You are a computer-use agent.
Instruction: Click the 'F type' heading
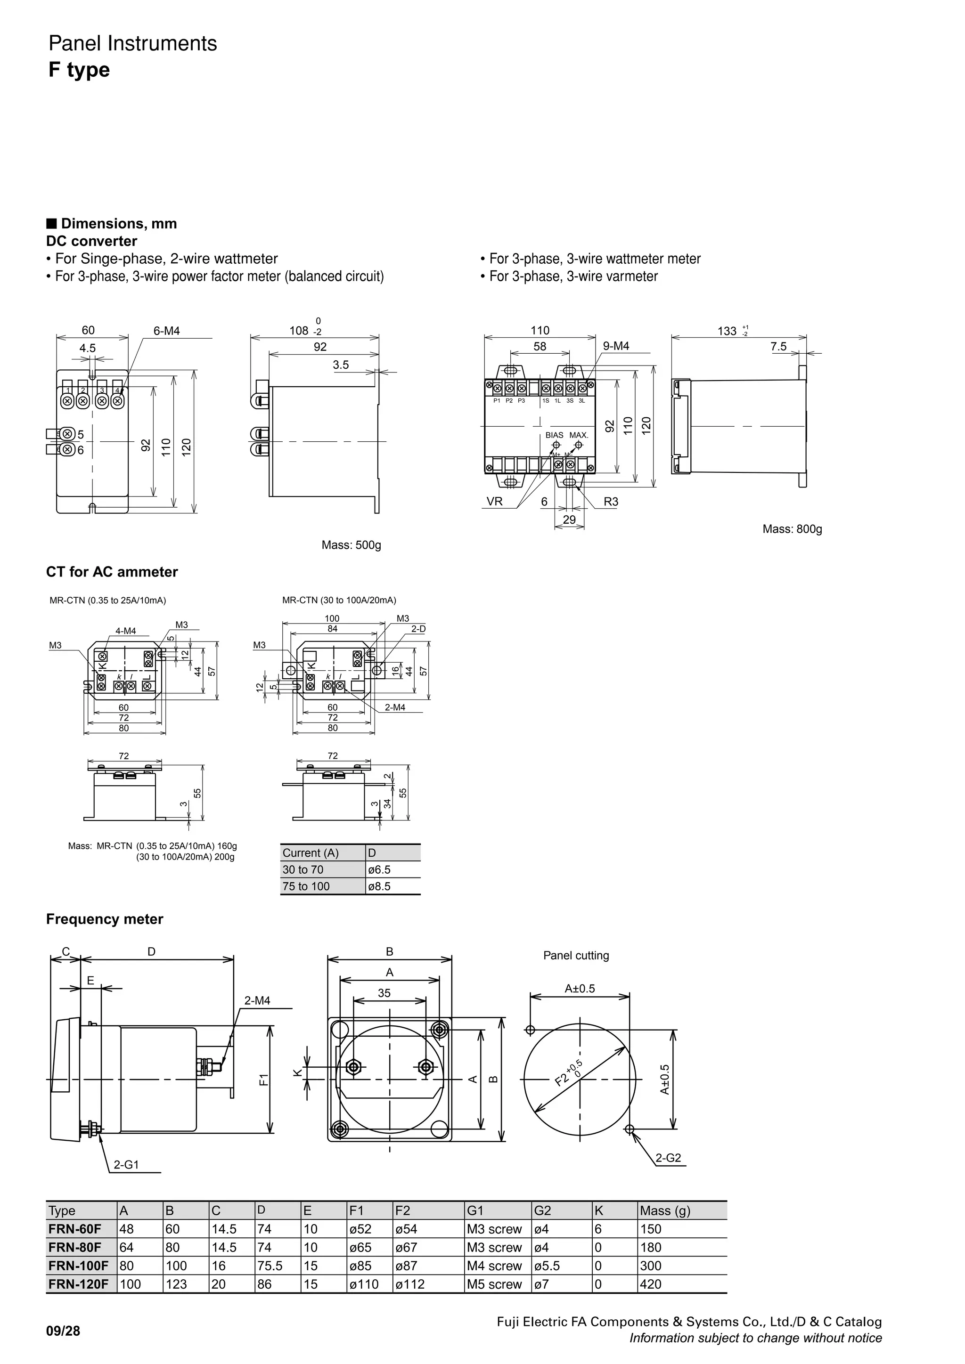tap(79, 70)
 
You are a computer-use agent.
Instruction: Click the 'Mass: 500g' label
tap(351, 545)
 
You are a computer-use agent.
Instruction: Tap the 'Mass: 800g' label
tap(792, 529)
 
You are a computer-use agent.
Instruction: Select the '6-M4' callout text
tap(166, 332)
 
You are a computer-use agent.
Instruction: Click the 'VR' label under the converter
tap(494, 502)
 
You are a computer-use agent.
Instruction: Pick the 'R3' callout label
tap(611, 502)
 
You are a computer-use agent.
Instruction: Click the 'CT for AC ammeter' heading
tap(112, 572)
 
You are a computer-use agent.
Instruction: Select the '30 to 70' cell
tap(303, 870)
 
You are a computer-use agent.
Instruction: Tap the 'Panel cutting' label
tap(576, 955)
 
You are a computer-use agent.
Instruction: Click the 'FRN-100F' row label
tap(78, 1266)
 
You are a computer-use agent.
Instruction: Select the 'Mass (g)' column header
tap(665, 1211)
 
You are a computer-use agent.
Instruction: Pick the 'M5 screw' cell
tap(494, 1284)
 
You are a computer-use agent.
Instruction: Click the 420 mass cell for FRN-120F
tap(651, 1284)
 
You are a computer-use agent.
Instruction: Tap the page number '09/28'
tap(63, 1332)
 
